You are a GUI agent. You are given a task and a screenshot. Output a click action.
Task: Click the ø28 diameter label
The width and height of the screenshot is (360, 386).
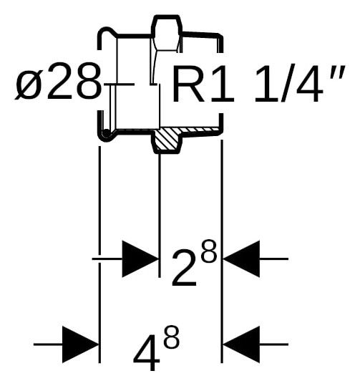[x=58, y=81]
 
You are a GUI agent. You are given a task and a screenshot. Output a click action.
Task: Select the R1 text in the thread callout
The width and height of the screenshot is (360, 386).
[x=204, y=84]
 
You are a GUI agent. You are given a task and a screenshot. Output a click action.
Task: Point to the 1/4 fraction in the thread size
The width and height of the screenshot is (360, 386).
[x=288, y=84]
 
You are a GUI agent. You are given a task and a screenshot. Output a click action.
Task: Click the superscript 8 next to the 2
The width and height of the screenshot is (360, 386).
[x=209, y=251]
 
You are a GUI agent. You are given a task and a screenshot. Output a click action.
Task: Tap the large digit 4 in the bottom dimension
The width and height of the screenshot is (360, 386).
[x=147, y=352]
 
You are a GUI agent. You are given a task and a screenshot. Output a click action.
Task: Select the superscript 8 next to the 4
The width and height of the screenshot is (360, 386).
[x=171, y=337]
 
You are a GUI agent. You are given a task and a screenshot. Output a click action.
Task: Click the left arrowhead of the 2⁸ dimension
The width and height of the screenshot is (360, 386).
[x=140, y=259]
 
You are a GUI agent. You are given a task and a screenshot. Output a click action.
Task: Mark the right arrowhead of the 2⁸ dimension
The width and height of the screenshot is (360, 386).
[x=241, y=259]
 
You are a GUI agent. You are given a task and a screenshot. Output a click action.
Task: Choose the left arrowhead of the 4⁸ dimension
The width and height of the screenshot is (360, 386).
[x=80, y=344]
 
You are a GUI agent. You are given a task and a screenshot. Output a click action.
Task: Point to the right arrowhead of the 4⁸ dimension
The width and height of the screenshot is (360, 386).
[x=241, y=344]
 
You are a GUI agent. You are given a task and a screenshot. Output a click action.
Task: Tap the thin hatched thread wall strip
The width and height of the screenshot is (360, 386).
[x=200, y=130]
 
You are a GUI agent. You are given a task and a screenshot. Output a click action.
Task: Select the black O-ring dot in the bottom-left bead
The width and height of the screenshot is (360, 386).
[x=107, y=133]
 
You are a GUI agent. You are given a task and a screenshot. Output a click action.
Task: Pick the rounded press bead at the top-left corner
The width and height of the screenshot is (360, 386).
[x=107, y=37]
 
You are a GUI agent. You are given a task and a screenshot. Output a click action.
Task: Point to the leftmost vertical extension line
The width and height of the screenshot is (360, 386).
[x=99, y=254]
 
